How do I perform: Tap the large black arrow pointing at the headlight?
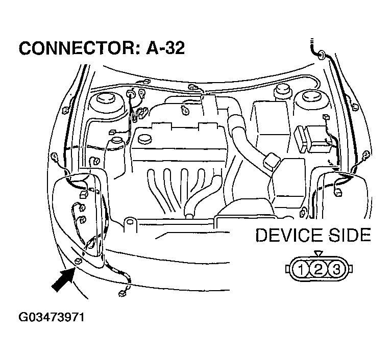(x=64, y=280)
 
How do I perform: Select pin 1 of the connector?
(x=302, y=269)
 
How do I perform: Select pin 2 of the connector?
(x=319, y=269)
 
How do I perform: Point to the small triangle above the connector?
(x=319, y=253)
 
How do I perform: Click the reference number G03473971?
(x=51, y=317)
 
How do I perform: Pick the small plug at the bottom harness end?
(x=123, y=293)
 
